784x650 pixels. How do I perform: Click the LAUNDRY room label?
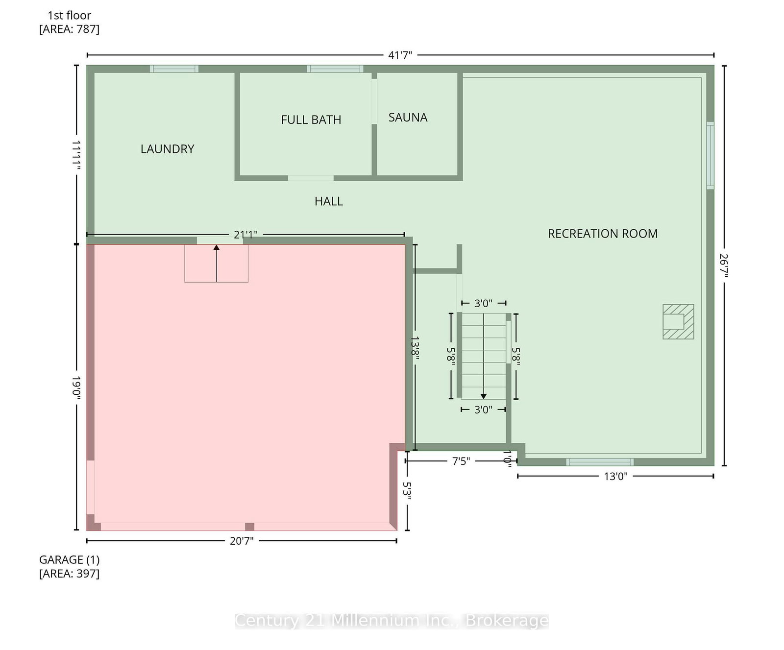pyautogui.click(x=167, y=149)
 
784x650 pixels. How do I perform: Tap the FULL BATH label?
pyautogui.click(x=311, y=120)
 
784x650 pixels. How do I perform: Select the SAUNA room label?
pyautogui.click(x=408, y=118)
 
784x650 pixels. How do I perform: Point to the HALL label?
pyautogui.click(x=329, y=201)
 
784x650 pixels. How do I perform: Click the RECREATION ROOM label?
pyautogui.click(x=603, y=234)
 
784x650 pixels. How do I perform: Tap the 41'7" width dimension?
pyautogui.click(x=400, y=55)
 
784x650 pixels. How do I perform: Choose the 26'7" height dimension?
pyautogui.click(x=724, y=265)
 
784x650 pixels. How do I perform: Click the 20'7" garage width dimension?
pyautogui.click(x=242, y=541)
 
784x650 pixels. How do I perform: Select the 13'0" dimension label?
pyautogui.click(x=615, y=476)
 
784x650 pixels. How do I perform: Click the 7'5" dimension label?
pyautogui.click(x=461, y=461)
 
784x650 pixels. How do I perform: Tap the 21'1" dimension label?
pyautogui.click(x=245, y=235)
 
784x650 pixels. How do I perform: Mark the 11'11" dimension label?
pyautogui.click(x=76, y=155)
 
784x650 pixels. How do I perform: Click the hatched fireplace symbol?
pyautogui.click(x=678, y=321)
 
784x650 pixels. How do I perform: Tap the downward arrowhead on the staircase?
pyautogui.click(x=484, y=396)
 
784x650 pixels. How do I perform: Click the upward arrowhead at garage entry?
pyautogui.click(x=217, y=247)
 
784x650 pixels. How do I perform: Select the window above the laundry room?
pyautogui.click(x=174, y=69)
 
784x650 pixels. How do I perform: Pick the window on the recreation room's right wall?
pyautogui.click(x=710, y=155)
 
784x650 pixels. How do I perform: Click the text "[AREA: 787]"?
pyautogui.click(x=69, y=29)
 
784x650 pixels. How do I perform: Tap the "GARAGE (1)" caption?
pyautogui.click(x=69, y=559)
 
